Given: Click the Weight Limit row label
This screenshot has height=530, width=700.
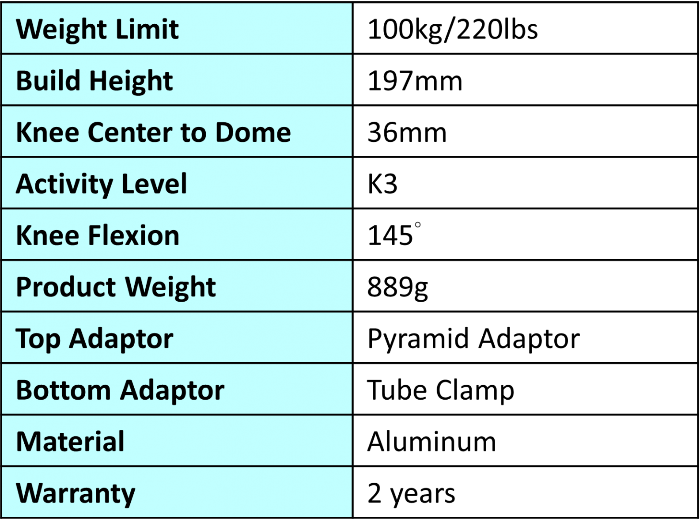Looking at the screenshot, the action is point(97,30).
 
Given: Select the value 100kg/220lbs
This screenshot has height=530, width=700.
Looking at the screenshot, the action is point(453,30).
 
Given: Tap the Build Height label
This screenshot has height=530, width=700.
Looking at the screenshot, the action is point(95,81).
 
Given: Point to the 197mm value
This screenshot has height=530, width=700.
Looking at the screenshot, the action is point(415,81).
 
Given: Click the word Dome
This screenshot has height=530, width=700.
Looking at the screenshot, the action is point(253,132).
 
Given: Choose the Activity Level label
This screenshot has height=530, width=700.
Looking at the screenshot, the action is point(101,184).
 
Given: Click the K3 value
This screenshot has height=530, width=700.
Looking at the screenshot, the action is point(383,184).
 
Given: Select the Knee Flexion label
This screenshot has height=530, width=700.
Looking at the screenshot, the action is point(98,235).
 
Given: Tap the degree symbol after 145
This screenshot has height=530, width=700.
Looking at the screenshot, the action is point(417,225).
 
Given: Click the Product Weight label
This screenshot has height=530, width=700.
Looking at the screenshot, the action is point(116,287).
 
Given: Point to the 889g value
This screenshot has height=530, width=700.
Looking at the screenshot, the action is point(397,288).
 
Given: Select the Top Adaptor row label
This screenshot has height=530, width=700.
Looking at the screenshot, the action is point(95,339).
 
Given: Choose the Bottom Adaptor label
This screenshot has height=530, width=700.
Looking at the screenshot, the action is point(120,390).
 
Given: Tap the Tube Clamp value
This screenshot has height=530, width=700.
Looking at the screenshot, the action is point(441,390).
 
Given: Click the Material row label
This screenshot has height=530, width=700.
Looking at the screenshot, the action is point(70,442).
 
